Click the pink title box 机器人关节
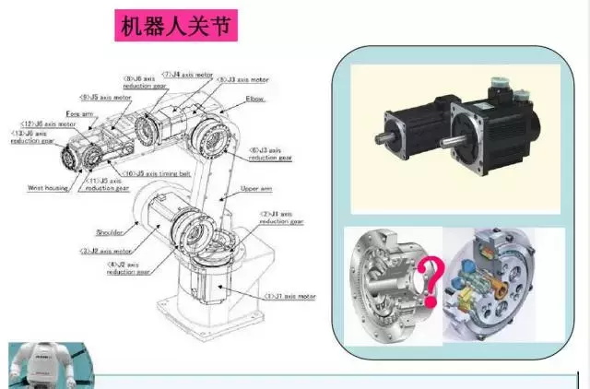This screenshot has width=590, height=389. click(x=175, y=25)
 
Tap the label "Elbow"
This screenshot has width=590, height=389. click(x=255, y=96)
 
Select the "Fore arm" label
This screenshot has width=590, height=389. click(x=81, y=113)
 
